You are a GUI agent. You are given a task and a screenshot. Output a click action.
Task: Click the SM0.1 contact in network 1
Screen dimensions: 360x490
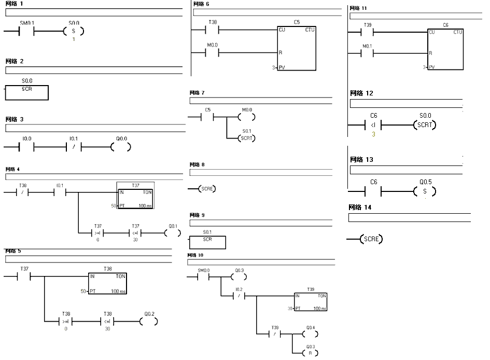click(x=26, y=31)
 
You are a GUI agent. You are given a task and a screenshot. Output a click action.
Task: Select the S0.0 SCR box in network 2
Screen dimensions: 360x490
click(x=26, y=92)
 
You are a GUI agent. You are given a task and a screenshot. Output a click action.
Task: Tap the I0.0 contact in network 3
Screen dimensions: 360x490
click(x=26, y=147)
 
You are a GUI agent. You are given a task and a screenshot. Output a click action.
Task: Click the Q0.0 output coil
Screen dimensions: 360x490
click(x=121, y=147)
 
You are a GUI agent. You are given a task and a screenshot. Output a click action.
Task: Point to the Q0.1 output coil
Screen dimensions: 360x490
click(x=173, y=233)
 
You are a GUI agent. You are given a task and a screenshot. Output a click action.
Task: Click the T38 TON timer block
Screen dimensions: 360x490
click(x=107, y=283)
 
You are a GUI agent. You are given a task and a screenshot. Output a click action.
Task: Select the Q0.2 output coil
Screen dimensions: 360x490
click(x=149, y=322)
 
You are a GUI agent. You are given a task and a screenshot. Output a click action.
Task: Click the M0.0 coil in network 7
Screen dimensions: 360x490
click(x=246, y=117)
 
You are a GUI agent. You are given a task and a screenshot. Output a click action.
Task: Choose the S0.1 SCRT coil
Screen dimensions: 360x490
click(x=246, y=139)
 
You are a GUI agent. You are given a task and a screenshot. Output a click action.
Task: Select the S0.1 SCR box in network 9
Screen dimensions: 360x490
click(x=207, y=242)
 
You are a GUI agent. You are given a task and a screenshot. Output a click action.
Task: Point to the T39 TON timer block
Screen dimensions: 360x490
click(x=311, y=301)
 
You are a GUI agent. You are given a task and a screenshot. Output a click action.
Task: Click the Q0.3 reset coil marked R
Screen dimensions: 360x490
click(x=310, y=353)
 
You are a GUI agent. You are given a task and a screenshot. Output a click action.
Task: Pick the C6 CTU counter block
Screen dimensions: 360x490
click(x=445, y=49)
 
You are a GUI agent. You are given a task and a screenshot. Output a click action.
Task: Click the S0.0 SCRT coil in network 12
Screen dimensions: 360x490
click(x=425, y=125)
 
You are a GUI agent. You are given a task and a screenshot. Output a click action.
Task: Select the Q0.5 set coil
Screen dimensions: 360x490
click(x=425, y=192)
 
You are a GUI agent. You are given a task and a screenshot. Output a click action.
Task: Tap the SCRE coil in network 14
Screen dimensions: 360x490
click(x=371, y=239)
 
